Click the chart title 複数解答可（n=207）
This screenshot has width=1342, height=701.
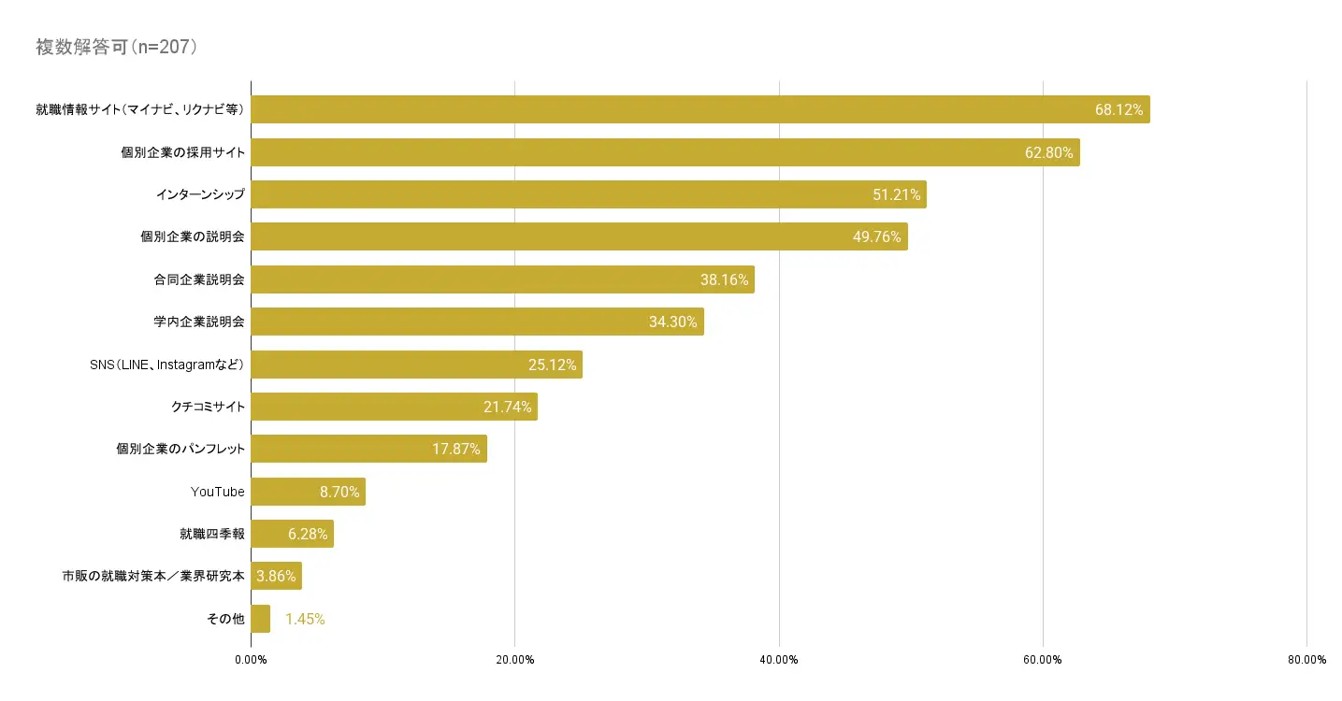116,48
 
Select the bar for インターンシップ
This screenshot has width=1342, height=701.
588,194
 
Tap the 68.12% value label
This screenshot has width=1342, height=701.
1118,109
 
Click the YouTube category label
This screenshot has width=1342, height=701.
217,492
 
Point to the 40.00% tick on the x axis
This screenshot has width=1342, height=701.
779,660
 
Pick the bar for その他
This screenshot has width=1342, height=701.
261,619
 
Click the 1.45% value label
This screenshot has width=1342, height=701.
305,619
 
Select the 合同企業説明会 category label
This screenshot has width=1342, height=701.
199,279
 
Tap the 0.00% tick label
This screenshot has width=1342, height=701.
251,660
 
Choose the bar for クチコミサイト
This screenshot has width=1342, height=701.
394,407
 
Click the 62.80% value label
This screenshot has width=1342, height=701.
1048,152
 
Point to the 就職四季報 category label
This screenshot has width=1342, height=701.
212,534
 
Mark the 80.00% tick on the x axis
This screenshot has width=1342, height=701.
1306,660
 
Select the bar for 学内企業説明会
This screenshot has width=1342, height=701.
477,322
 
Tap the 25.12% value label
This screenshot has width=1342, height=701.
552,365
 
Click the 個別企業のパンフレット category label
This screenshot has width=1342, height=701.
180,450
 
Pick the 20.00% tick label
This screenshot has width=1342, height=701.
514,660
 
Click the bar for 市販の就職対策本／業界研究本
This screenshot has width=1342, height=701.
276,576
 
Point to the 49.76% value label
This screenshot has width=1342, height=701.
876,236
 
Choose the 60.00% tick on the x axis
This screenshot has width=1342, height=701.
1043,660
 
